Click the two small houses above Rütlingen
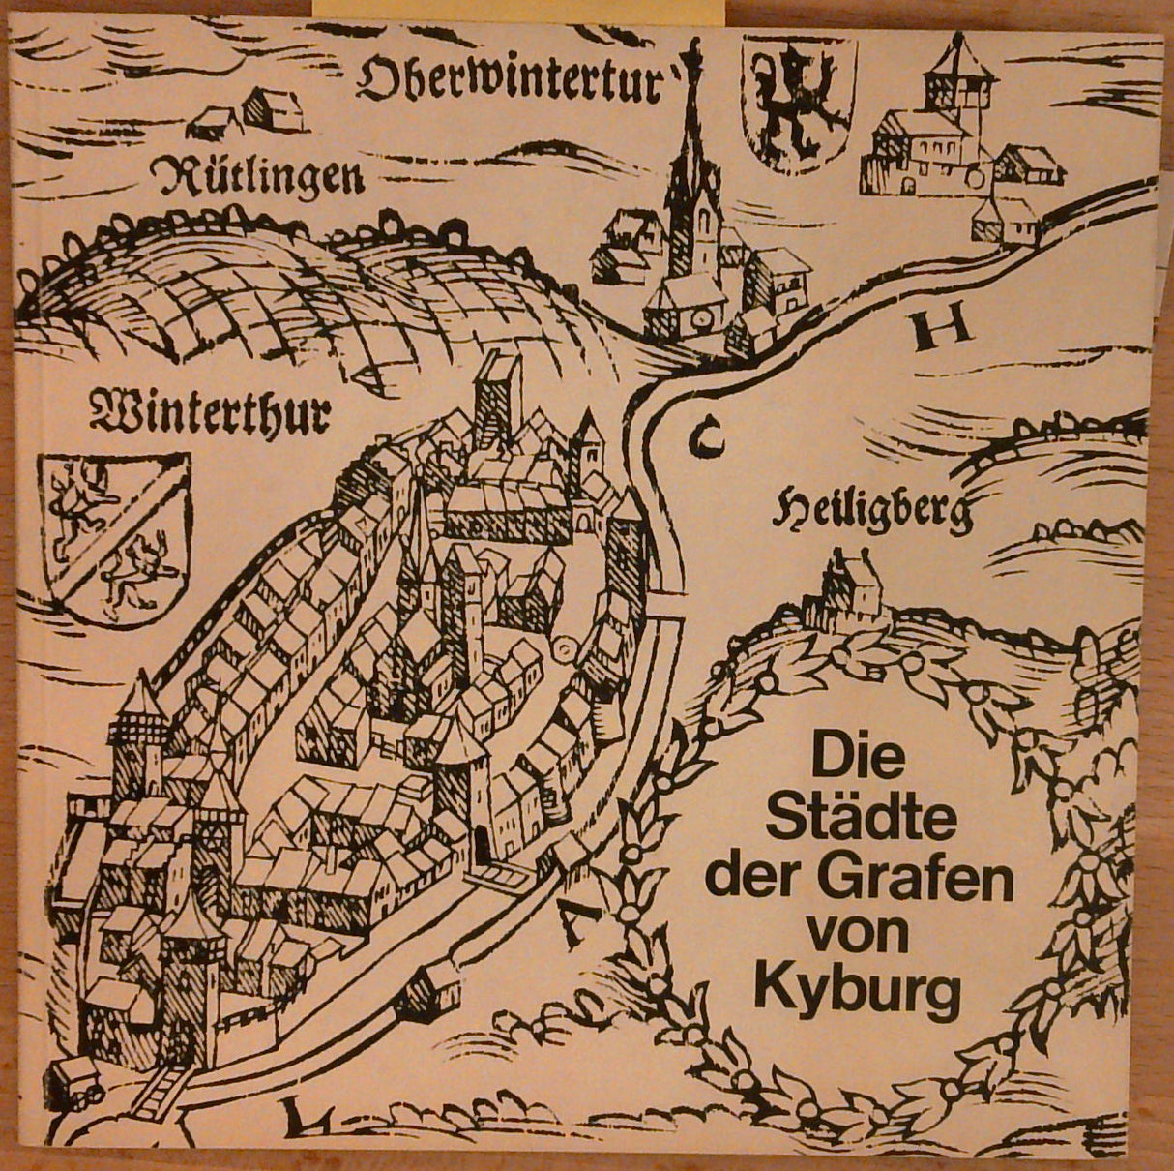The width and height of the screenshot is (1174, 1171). (247, 114)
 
